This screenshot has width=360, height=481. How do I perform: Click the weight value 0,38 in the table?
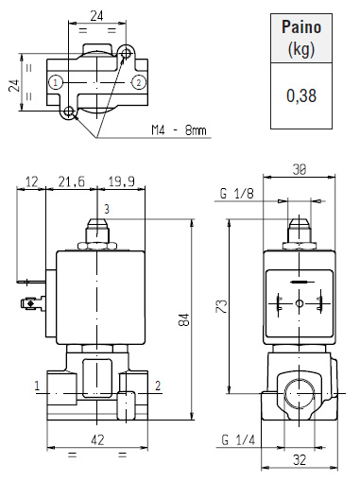tap(301, 95)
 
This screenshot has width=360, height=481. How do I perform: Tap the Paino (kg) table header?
tap(301, 38)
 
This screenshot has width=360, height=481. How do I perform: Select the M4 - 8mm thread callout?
tap(179, 129)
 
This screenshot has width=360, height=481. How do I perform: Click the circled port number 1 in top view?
tap(56, 83)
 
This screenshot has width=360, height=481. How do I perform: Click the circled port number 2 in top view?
tap(139, 83)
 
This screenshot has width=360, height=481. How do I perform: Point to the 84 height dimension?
tap(185, 319)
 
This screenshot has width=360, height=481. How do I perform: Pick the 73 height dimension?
tap(221, 306)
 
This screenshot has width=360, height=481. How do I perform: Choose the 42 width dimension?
tap(97, 439)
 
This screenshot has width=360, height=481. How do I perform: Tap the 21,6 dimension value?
tap(72, 181)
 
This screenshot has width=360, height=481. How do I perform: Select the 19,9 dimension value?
tap(122, 181)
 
